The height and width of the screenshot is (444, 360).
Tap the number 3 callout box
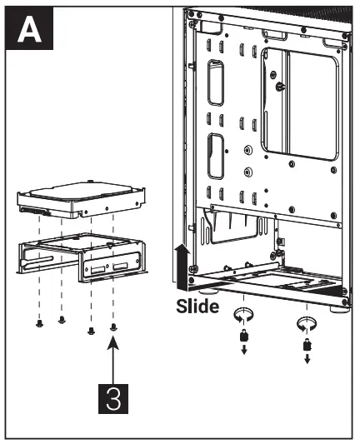pos(113,396)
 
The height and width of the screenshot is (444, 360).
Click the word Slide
pos(197,307)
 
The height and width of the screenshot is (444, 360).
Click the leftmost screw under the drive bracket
pos(39,323)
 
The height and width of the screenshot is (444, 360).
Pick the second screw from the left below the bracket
pos(62,320)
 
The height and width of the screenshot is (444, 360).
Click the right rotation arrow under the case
pos(307,323)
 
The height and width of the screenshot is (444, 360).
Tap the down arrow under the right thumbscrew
pos(307,360)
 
